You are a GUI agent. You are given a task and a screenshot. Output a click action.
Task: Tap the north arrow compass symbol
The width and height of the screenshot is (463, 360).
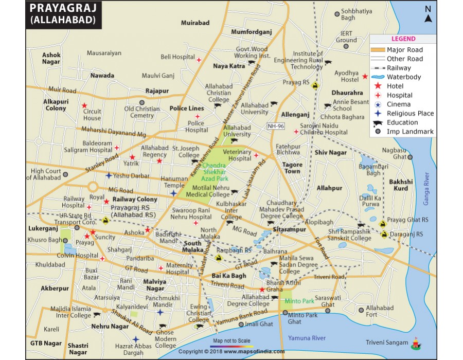tap(428, 15)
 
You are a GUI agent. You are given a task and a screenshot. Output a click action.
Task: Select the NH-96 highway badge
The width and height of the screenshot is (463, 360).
tap(275, 126)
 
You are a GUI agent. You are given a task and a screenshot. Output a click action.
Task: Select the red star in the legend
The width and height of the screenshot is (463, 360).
tap(378, 86)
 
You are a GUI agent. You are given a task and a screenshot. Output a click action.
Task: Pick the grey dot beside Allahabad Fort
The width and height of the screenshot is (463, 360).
tap(362, 310)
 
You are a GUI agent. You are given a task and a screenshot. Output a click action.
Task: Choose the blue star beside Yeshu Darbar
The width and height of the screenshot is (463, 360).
tap(109, 175)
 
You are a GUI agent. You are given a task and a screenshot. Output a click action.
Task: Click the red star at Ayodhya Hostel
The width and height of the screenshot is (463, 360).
tap(365, 77)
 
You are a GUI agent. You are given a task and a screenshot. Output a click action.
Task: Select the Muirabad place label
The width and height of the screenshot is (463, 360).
tap(195, 23)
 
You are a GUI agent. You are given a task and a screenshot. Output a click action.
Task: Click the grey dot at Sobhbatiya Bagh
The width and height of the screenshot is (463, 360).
tap(337, 14)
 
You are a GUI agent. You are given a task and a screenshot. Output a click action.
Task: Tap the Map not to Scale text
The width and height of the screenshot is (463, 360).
tap(230, 340)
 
